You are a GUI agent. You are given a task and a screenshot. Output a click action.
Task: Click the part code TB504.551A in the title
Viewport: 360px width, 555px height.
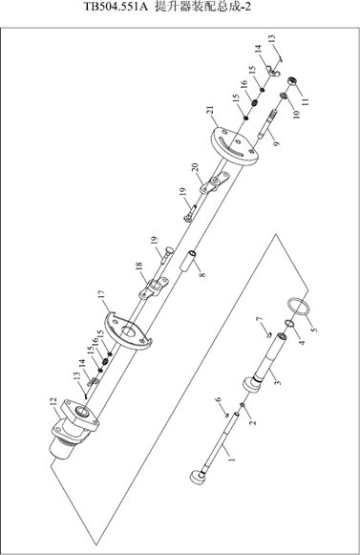click(x=115, y=7)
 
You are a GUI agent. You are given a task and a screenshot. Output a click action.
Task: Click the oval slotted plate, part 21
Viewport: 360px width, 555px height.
click(x=234, y=146)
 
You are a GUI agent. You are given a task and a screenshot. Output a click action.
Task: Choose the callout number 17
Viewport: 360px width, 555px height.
click(x=101, y=295)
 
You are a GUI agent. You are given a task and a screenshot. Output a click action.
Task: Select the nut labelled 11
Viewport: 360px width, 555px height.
click(x=292, y=81)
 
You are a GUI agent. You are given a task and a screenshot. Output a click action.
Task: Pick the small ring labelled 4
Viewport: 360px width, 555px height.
click(x=289, y=323)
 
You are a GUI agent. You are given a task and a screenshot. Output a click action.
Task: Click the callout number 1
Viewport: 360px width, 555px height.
click(x=232, y=459)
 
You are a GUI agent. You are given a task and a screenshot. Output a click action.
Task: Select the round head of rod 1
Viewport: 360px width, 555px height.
click(x=198, y=477)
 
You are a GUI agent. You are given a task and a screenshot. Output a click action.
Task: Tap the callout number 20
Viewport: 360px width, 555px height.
click(x=196, y=167)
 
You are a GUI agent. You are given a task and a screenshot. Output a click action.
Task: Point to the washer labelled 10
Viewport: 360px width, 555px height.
click(x=284, y=96)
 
